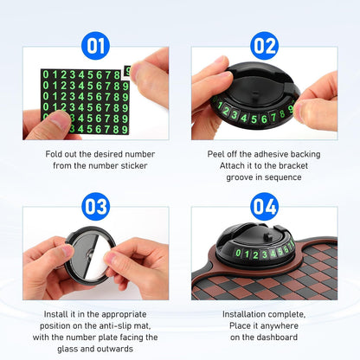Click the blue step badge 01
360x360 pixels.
tap(96, 46)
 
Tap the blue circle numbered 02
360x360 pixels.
tap(264, 46)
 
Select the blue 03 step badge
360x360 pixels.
tap(96, 207)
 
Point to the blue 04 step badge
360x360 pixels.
tap(264, 207)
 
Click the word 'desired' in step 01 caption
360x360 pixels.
tap(110, 154)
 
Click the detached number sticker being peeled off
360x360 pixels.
tap(127, 72)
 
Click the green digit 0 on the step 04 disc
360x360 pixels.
tap(238, 253)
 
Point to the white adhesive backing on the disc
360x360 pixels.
tap(100, 256)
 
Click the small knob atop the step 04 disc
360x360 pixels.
tap(268, 236)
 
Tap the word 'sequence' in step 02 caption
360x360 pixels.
tap(283, 177)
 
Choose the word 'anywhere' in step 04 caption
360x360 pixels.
tap(280, 326)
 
